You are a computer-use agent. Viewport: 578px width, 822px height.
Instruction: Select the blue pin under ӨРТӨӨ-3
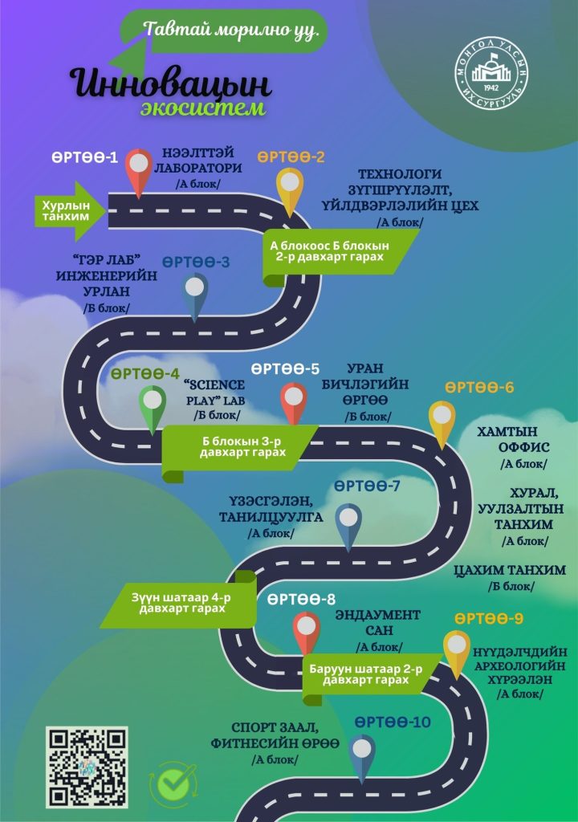click(194, 294)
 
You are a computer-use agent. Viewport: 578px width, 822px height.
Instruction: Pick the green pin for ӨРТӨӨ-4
click(152, 405)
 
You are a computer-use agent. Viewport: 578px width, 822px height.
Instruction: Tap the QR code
click(86, 767)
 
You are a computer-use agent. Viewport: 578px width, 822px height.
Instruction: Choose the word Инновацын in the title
click(170, 84)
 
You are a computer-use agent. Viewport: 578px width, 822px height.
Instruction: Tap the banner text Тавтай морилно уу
click(231, 31)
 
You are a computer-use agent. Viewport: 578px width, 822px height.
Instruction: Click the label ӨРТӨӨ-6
click(479, 388)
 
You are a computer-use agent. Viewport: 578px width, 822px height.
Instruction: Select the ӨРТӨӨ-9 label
click(489, 619)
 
